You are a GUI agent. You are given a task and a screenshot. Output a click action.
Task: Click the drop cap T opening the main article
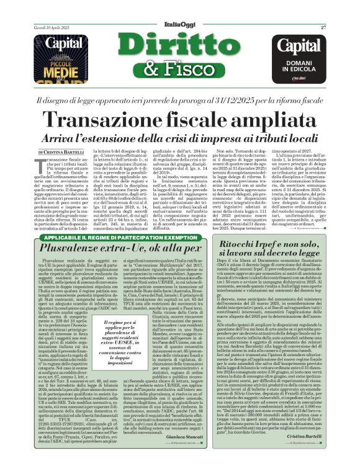(42, 166)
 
